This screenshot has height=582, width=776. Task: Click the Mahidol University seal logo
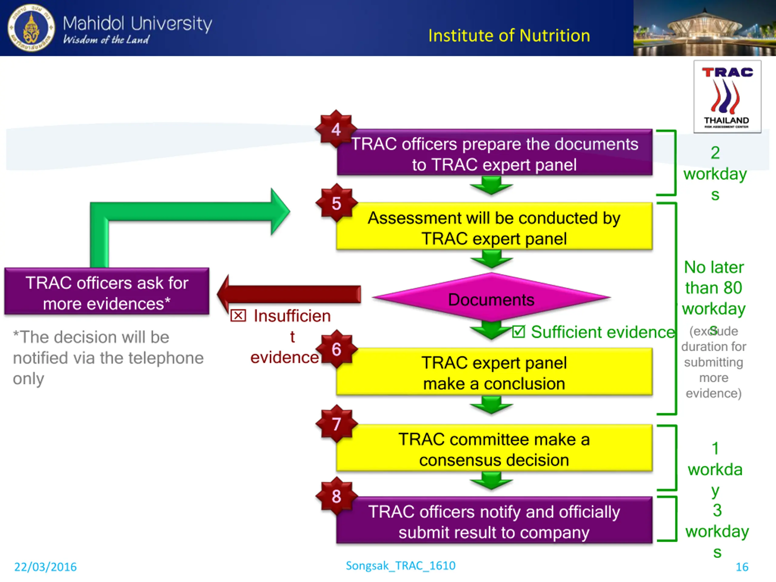pos(31,28)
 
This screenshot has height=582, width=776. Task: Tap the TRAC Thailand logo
pos(727,96)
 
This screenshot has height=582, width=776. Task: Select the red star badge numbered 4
pos(336,129)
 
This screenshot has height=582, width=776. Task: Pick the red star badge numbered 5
pos(336,203)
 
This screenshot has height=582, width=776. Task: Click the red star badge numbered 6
pos(336,349)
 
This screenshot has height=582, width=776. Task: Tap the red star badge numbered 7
pos(336,424)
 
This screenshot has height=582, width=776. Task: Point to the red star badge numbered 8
pos(336,496)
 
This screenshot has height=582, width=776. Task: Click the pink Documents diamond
pos(491,297)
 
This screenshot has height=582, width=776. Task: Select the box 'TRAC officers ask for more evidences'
pos(107,291)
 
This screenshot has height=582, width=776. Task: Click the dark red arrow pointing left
pos(289,294)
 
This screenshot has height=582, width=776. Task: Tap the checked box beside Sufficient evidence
pos(518,331)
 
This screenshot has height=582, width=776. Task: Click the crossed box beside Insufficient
pos(238,315)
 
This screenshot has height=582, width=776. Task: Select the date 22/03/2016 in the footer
pos(45,567)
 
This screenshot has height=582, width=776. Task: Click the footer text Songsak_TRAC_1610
pos(401,566)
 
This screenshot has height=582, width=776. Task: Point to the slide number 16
pos(742,567)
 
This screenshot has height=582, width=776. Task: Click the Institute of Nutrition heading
pos(509,35)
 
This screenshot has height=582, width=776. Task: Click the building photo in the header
pos(704,28)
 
